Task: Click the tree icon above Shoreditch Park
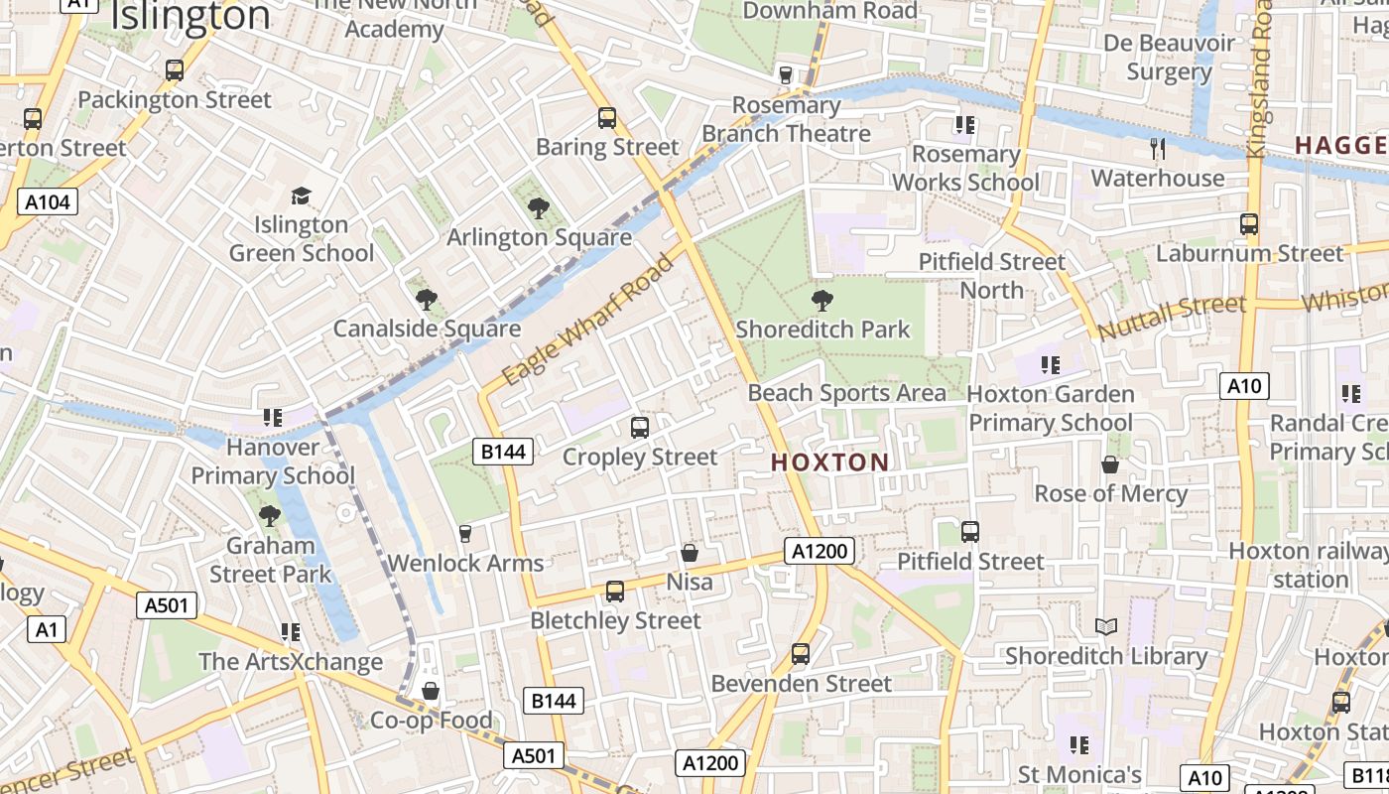821,300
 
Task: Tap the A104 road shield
48,202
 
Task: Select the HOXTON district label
830,463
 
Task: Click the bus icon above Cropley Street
640,428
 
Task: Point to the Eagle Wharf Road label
594,318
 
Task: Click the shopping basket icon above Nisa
690,553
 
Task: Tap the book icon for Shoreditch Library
1105,626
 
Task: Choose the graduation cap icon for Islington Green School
301,196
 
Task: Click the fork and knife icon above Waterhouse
1157,149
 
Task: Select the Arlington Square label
539,237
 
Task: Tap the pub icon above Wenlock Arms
464,534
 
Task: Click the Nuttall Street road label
1172,316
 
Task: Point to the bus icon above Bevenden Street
801,654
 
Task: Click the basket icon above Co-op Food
431,690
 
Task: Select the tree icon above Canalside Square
427,299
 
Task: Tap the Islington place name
190,17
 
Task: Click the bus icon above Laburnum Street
1249,224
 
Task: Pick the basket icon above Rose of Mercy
1110,464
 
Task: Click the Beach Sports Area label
847,393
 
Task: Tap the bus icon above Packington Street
175,70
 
